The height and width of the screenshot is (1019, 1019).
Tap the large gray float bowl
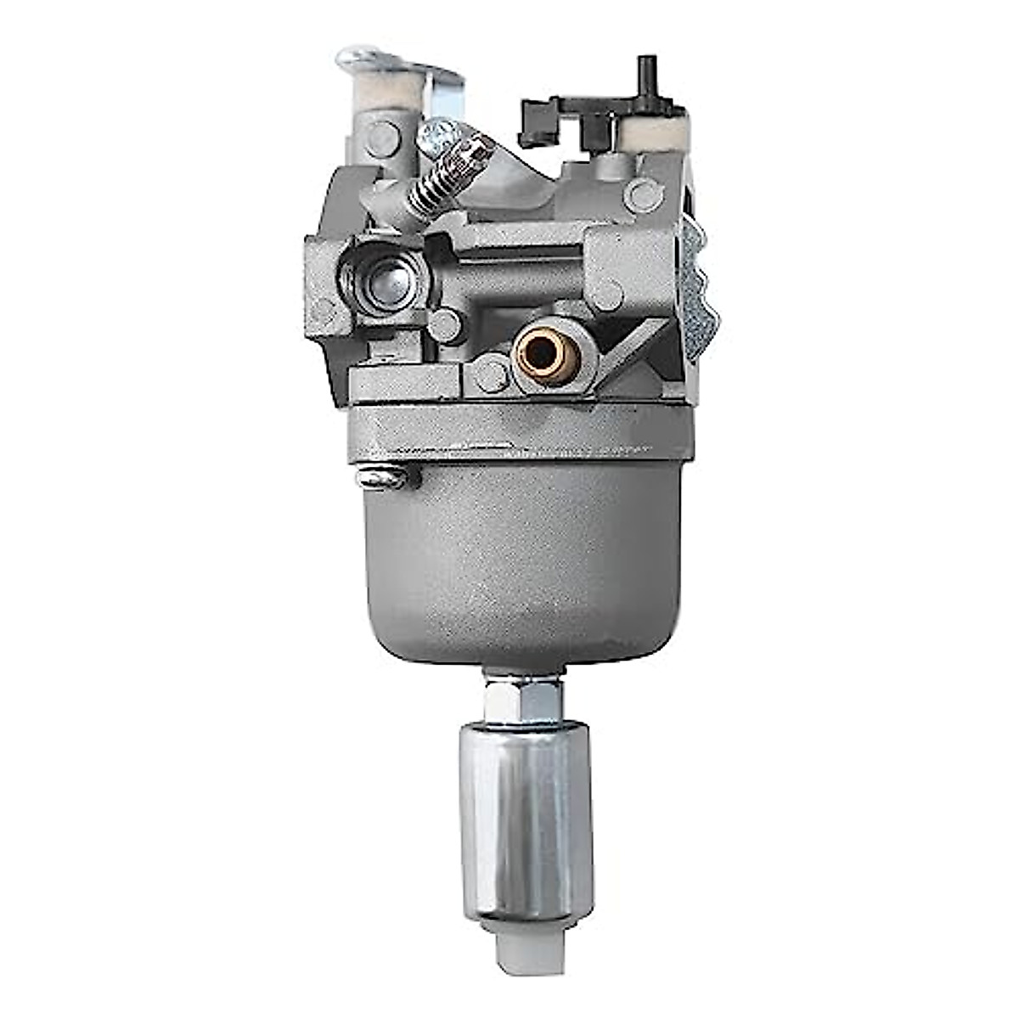pyautogui.click(x=522, y=560)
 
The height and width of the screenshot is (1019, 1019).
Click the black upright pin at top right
pyautogui.click(x=648, y=76)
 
